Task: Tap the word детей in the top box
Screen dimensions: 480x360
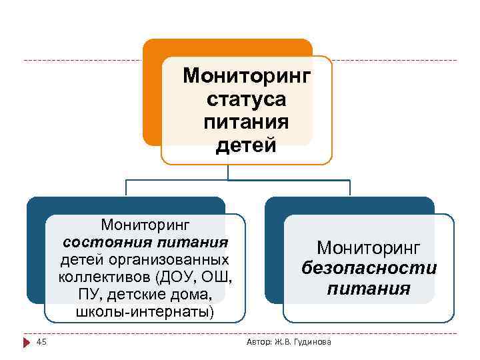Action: [246, 145]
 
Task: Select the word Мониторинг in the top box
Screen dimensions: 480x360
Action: [247, 75]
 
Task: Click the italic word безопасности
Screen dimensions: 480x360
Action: [369, 268]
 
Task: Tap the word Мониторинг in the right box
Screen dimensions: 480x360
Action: [369, 248]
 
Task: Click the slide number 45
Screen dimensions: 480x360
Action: [41, 342]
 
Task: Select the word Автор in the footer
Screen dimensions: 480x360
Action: [258, 343]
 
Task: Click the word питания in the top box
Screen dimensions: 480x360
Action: [247, 122]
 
